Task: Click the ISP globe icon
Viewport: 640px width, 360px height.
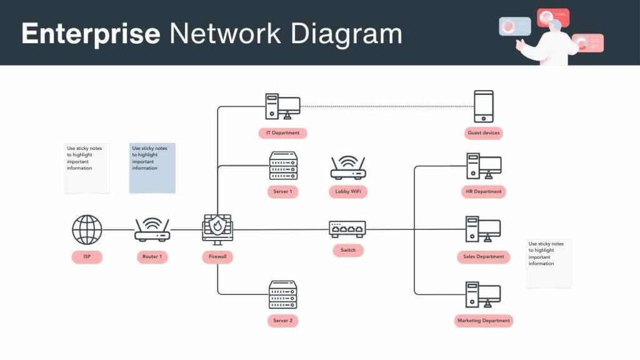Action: pyautogui.click(x=87, y=230)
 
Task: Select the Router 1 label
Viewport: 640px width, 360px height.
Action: pyautogui.click(x=152, y=257)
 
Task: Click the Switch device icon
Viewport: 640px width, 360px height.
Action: pyautogui.click(x=347, y=229)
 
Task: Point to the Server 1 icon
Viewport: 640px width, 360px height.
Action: pyautogui.click(x=283, y=166)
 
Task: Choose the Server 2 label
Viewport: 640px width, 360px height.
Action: pyautogui.click(x=282, y=321)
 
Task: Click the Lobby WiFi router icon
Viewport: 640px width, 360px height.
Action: pyautogui.click(x=347, y=168)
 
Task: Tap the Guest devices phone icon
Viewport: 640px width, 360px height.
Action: pyautogui.click(x=484, y=106)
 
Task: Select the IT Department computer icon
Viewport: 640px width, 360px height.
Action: pyautogui.click(x=282, y=106)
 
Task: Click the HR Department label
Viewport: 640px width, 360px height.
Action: pyautogui.click(x=484, y=192)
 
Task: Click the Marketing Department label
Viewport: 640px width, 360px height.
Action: pyautogui.click(x=483, y=321)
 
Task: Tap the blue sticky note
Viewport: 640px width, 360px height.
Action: pyautogui.click(x=152, y=167)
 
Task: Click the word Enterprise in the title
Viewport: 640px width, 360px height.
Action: pyautogui.click(x=91, y=33)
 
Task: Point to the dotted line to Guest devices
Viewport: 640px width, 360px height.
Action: pyautogui.click(x=387, y=106)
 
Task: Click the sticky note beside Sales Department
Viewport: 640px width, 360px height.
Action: pyautogui.click(x=549, y=262)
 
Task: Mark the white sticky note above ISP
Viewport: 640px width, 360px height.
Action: pyautogui.click(x=87, y=167)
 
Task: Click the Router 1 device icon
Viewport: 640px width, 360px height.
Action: pyautogui.click(x=152, y=230)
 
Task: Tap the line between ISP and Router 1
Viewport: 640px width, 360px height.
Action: pyautogui.click(x=118, y=229)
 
